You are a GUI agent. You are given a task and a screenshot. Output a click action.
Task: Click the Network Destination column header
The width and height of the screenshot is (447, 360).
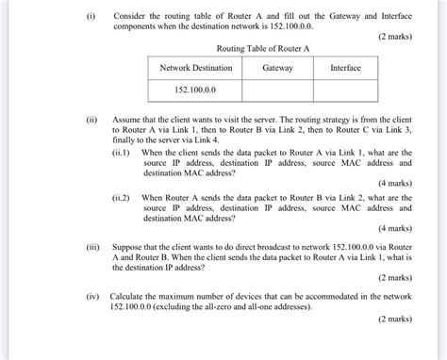[195, 68]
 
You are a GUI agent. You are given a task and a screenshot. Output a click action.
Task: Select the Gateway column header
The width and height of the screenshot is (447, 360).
[277, 68]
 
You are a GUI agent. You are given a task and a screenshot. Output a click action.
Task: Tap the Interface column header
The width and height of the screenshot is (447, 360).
[345, 68]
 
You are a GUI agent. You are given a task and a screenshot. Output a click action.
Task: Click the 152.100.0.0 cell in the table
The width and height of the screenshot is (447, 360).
[195, 90]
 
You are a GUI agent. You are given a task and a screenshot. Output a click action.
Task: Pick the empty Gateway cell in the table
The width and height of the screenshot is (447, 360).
[277, 90]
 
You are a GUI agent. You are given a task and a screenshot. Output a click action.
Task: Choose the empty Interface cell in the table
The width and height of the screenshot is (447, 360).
[345, 90]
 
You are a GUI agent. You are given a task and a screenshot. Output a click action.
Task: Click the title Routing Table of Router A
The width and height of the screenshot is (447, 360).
[263, 47]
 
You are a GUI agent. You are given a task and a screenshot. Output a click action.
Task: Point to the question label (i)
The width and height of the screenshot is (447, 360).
[90, 16]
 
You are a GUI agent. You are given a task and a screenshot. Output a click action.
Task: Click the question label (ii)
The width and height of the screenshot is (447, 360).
[91, 121]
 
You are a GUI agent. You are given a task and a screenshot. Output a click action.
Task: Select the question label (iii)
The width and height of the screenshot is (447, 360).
[91, 242]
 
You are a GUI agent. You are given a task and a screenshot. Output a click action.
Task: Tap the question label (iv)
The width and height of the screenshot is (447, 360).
[91, 295]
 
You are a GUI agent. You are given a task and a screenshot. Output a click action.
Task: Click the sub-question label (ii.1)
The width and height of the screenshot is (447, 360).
[121, 152]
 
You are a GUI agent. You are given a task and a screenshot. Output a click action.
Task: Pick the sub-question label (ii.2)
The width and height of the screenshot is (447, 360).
[121, 198]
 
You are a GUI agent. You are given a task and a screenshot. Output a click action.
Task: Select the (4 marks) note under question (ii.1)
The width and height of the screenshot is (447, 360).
[395, 183]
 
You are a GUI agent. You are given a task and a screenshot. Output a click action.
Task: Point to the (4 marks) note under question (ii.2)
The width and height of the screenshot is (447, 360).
[395, 228]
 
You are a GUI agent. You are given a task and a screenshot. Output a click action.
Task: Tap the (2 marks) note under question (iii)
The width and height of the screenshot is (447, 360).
[395, 279]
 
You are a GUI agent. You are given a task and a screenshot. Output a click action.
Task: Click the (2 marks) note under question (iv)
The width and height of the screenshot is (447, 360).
[395, 319]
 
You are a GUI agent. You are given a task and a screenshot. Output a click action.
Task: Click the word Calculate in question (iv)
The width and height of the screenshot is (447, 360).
[127, 295]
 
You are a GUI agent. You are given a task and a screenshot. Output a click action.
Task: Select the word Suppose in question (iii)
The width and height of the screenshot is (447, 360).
[127, 243]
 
